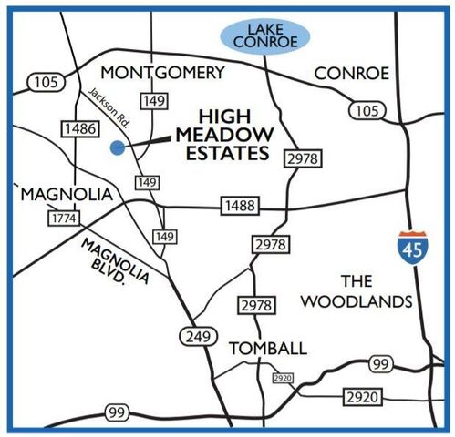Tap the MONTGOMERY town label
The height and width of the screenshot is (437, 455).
(162, 73)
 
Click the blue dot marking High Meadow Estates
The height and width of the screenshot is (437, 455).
(115, 147)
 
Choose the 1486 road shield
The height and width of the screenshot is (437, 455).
(80, 130)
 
